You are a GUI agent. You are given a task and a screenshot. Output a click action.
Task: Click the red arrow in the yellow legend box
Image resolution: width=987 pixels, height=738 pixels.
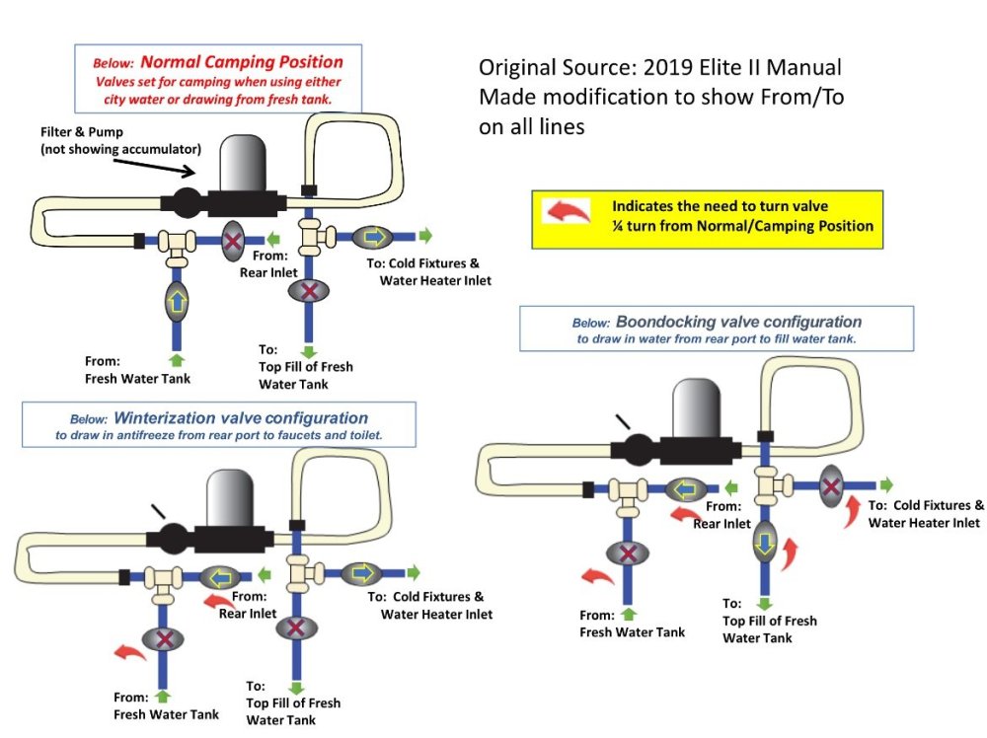(568, 211)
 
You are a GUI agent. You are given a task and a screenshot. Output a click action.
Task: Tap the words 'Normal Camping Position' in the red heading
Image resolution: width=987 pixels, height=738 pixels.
(242, 61)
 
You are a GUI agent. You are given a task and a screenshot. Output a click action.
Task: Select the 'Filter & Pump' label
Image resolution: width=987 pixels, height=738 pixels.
(82, 132)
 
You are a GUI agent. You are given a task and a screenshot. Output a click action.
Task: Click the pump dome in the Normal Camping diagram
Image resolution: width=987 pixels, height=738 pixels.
(243, 163)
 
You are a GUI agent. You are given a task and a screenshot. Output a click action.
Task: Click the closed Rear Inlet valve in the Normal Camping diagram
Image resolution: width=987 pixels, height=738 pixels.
(233, 241)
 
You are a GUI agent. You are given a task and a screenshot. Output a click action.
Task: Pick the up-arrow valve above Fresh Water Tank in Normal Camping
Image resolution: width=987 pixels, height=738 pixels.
(177, 301)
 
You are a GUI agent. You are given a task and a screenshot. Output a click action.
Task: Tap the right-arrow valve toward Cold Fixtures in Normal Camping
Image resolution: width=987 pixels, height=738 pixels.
(373, 237)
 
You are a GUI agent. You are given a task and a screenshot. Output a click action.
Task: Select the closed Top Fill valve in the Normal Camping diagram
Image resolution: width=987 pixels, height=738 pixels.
(308, 291)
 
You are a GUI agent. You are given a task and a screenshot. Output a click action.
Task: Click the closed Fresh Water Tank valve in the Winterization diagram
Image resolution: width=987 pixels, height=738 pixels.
(163, 639)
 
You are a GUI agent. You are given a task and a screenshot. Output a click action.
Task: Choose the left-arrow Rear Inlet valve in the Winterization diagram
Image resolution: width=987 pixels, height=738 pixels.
(220, 577)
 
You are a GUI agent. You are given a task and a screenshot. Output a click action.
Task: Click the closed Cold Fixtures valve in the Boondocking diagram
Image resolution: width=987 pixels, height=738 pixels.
(831, 485)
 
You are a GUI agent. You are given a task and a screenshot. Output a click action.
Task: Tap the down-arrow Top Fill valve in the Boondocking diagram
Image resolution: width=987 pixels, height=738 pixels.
(765, 543)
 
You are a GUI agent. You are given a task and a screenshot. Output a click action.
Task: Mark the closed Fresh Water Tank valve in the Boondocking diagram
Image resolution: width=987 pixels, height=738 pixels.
(627, 553)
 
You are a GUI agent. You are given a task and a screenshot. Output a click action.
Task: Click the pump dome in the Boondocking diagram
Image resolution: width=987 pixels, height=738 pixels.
(696, 408)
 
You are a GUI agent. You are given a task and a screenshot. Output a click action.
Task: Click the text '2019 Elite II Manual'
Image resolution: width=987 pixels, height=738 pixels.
(743, 67)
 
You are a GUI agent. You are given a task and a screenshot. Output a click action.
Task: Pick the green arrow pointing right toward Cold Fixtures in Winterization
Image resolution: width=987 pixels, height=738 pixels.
(413, 572)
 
